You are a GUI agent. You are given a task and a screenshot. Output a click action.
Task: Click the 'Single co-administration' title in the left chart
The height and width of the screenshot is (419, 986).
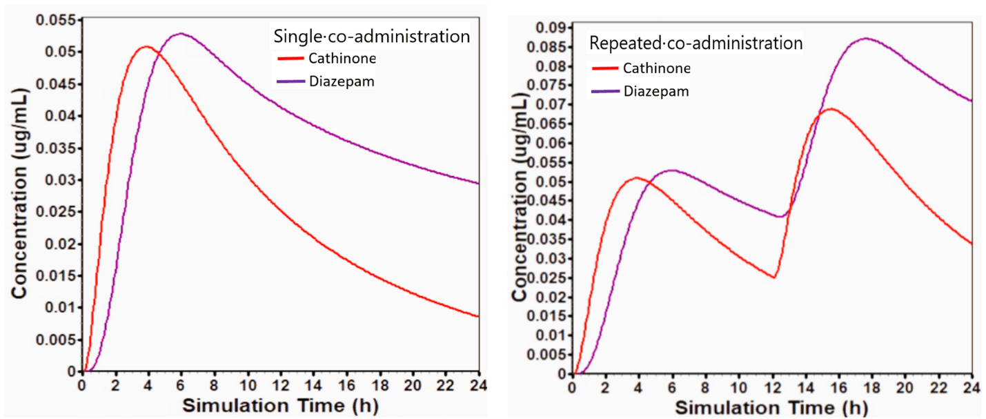[371, 36]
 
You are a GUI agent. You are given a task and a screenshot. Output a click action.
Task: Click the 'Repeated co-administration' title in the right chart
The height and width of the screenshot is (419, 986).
[695, 43]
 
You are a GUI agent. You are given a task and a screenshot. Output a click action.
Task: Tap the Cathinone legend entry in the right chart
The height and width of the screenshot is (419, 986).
[656, 68]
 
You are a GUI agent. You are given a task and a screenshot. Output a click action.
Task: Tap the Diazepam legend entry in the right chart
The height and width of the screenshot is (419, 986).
[656, 91]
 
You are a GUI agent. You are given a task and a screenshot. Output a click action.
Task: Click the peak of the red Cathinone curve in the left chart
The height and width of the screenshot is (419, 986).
[146, 47]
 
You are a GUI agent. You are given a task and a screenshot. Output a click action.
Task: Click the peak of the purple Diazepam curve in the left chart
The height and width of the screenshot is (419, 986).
[181, 33]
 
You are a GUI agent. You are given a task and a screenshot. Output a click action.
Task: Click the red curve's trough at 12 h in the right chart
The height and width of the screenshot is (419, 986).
[774, 277]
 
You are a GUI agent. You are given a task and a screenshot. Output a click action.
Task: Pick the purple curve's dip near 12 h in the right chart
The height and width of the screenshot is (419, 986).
[780, 217]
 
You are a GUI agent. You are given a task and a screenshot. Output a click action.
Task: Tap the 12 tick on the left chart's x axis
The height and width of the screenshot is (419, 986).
[279, 384]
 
